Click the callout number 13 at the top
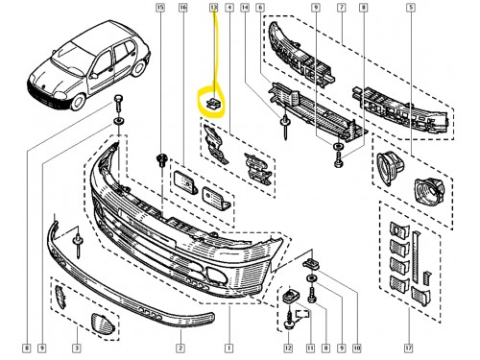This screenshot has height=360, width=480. (214, 8)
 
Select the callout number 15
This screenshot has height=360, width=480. (159, 8)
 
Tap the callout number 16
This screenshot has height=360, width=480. (182, 8)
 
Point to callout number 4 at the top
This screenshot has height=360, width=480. (230, 8)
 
